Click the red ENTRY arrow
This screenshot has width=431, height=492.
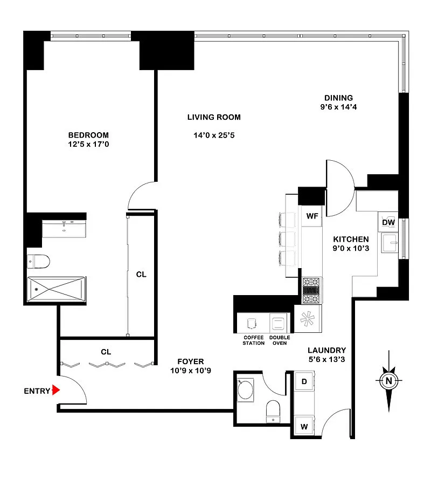coord(56,390)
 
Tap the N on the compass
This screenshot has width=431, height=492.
coord(388,381)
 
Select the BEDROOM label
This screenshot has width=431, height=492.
coord(88,135)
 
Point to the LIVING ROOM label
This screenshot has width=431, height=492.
coord(214,118)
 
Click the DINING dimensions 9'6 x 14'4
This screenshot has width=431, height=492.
coord(338,107)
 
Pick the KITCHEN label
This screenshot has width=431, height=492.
coord(351,240)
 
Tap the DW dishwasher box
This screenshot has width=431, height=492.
coord(388,222)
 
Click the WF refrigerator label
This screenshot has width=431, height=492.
coord(312,216)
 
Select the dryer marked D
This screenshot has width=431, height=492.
coord(304,381)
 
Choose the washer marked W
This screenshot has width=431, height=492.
coord(304,426)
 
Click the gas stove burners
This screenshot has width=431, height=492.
coord(311,290)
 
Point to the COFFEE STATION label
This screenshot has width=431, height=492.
coord(254,340)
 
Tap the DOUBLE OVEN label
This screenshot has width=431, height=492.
coord(280,340)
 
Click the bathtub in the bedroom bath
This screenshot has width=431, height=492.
coord(57,289)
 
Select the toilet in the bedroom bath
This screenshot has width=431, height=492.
coord(39,261)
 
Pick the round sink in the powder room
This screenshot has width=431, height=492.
coord(246,389)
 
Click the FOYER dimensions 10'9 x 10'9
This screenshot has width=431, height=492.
coord(191,371)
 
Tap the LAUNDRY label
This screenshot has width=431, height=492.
coord(326,350)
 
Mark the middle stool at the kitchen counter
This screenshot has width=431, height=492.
coord(287,239)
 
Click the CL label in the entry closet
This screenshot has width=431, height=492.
coord(106,352)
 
